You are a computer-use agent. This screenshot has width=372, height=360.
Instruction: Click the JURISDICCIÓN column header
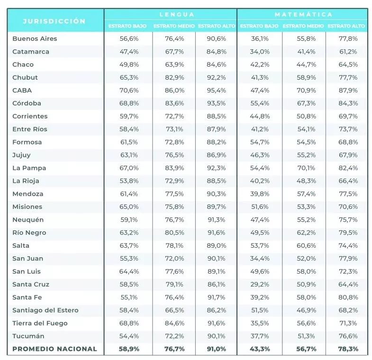coord(54,21)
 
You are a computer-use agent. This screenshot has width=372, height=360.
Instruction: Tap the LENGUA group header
coord(177,15)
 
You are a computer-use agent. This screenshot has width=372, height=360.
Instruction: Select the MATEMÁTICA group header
coord(304,15)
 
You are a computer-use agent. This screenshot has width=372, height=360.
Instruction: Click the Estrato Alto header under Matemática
coord(346,26)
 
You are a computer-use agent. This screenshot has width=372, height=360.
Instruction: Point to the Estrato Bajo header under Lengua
coord(127,26)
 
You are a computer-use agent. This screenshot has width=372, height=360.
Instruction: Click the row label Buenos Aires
coord(35,39)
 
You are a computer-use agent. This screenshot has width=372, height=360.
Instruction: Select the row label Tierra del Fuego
coord(40,323)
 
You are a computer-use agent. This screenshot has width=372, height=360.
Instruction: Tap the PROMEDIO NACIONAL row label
coord(55,349)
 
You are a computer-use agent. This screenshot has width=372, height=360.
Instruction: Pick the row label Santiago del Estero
coord(45,310)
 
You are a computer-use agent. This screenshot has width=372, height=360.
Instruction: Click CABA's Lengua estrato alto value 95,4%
coord(217,90)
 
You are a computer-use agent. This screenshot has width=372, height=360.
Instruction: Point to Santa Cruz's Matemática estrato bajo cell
coord(260,284)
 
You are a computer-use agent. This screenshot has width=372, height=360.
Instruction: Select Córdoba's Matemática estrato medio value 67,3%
coord(306,103)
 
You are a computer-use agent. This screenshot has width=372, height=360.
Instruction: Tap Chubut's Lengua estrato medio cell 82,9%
coord(174,78)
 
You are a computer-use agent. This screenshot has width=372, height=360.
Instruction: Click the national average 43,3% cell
coord(260,349)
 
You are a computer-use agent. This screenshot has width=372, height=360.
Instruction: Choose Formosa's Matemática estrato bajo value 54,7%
coord(260,142)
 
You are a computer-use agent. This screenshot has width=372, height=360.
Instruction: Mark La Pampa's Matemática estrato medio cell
coord(306,168)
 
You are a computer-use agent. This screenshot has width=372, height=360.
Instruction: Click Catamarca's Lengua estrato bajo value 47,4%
coord(129,52)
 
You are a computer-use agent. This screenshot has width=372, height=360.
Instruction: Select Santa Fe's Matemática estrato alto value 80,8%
coord(348,297)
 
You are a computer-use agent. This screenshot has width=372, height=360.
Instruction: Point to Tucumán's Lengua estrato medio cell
coord(174,336)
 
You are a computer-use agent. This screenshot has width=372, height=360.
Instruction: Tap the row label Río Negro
coord(29,233)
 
